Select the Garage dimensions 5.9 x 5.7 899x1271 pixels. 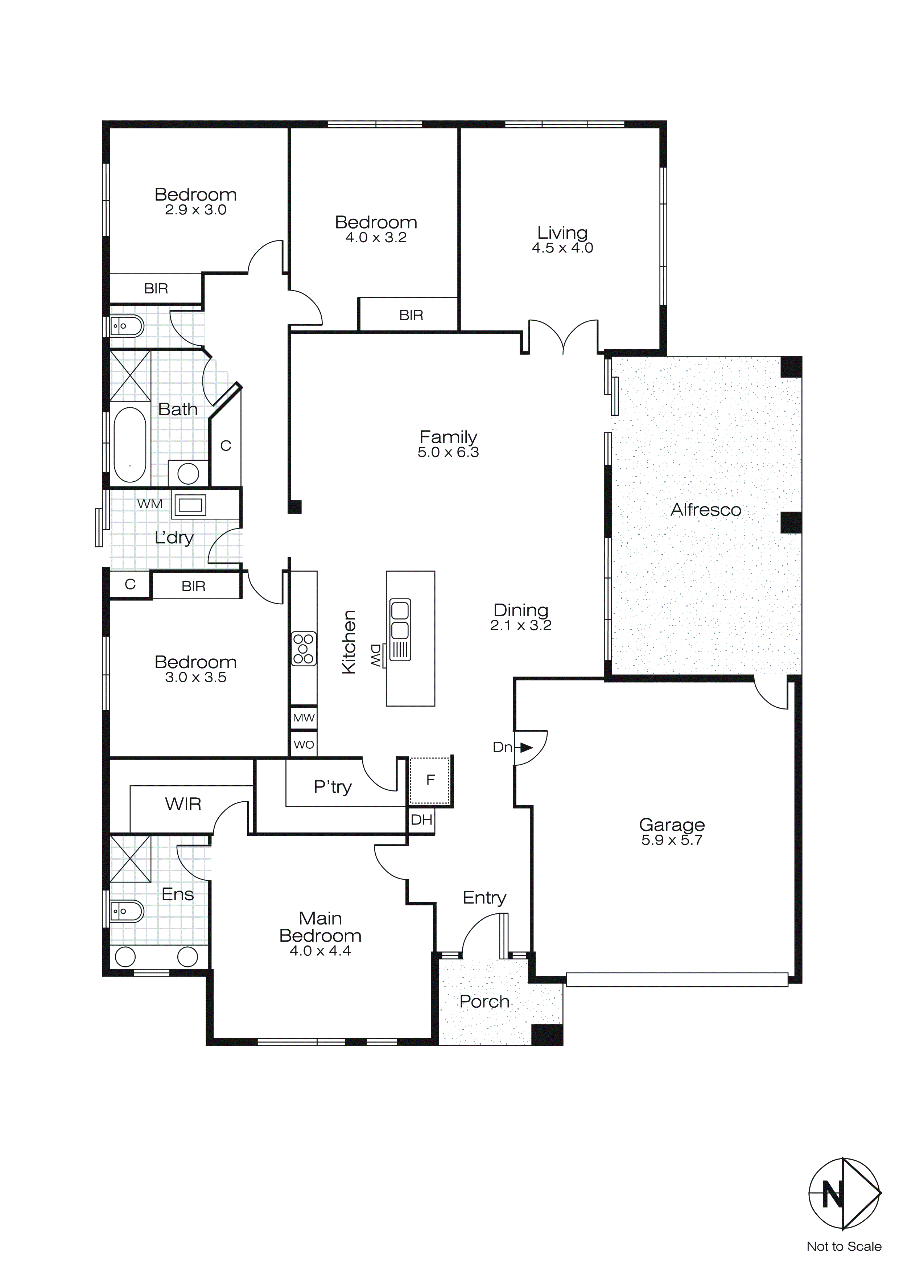672,840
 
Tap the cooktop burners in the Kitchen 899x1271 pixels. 304,649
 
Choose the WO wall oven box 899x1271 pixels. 304,745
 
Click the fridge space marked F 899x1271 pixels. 430,781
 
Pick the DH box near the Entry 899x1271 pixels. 421,820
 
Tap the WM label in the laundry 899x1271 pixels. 149,504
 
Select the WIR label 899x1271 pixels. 183,804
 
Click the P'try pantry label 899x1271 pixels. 332,787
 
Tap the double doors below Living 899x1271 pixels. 563,337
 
